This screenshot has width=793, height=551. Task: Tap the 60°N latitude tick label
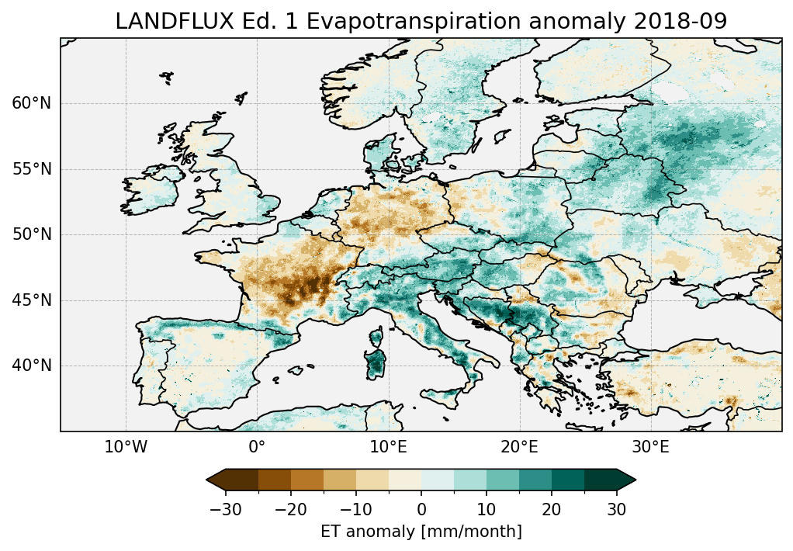click(32, 103)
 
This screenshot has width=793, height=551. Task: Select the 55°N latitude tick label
click(32, 169)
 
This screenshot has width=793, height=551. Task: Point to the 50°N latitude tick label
click(32, 234)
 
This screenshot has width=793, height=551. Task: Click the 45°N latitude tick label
click(32, 300)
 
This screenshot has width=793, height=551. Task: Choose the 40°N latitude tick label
click(32, 366)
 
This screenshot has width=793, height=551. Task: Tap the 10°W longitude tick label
click(126, 448)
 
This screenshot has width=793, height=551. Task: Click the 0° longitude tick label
click(257, 448)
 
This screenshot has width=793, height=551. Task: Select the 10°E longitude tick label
click(388, 448)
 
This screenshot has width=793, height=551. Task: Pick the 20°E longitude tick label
click(519, 448)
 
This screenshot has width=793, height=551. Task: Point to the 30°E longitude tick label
click(650, 448)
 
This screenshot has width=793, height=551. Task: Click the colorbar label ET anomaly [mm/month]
click(421, 532)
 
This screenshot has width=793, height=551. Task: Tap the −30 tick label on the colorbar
click(225, 510)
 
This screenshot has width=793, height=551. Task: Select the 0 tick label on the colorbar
click(421, 510)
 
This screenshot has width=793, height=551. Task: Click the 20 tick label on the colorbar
click(552, 510)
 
